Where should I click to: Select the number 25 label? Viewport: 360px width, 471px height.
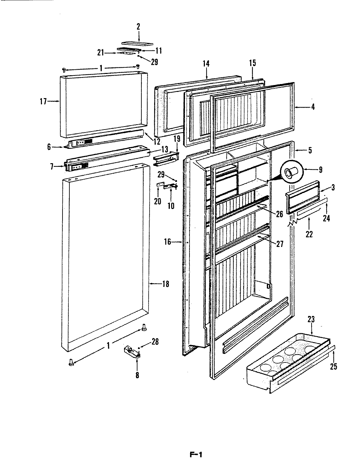coord(333,367)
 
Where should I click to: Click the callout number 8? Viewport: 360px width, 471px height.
coord(137,375)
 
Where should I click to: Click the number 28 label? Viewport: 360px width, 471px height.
coord(155,341)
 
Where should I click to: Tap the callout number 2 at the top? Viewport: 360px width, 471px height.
coord(138,26)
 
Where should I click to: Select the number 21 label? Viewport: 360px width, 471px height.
coord(100,52)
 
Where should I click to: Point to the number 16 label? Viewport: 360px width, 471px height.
coord(167,242)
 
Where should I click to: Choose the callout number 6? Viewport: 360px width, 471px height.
coord(49,147)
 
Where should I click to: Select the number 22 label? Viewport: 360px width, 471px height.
coord(309,234)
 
